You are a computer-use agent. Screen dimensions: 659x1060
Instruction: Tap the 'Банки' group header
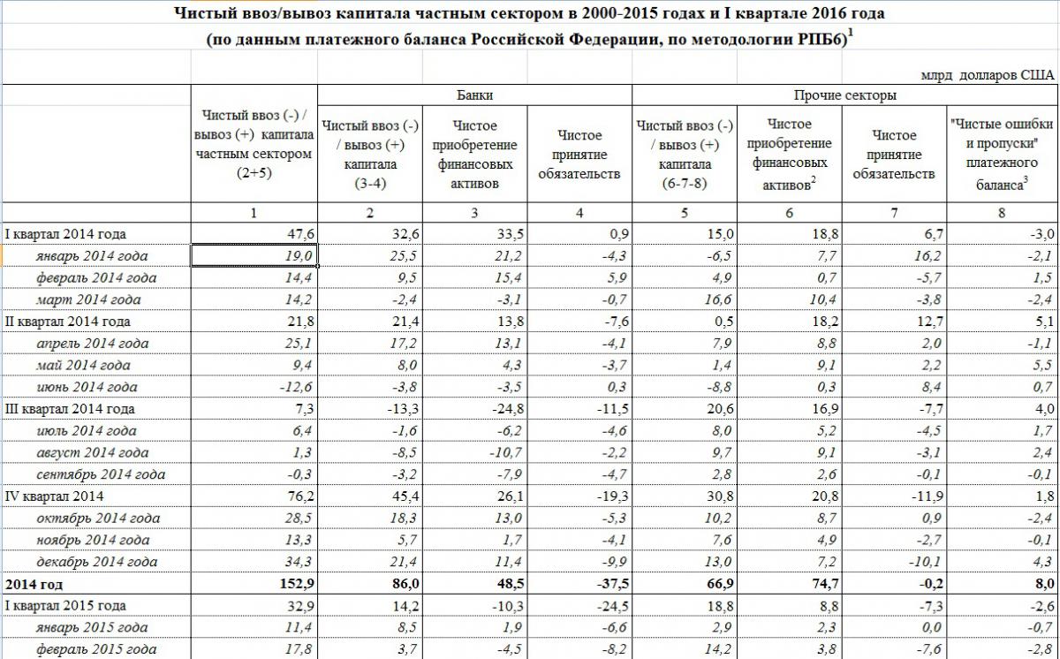(x=474, y=95)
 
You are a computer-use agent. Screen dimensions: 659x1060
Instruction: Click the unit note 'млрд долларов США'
(x=988, y=75)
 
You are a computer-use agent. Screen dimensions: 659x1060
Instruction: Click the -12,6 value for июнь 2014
(x=292, y=387)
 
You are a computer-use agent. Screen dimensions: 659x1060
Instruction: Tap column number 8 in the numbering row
(x=1000, y=213)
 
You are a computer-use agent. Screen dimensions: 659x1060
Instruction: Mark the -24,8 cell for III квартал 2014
(x=501, y=409)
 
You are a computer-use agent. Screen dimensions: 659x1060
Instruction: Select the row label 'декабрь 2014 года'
(x=97, y=562)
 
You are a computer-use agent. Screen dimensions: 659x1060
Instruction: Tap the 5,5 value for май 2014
(x=1043, y=365)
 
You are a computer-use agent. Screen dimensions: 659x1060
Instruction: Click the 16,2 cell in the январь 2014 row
(x=919, y=256)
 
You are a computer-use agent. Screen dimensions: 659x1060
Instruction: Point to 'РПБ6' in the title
(x=821, y=41)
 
